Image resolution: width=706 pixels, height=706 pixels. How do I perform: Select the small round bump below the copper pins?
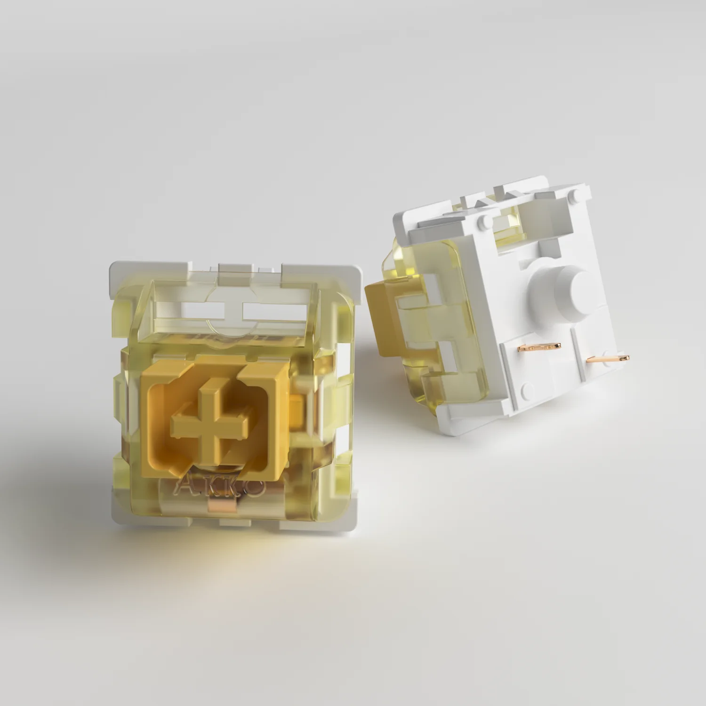tap(528, 388)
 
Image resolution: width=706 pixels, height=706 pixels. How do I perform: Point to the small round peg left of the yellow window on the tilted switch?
tap(482, 219)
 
